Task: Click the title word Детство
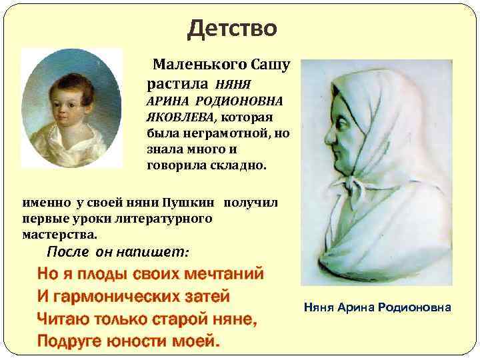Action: (232, 29)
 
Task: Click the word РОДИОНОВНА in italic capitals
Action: (239, 101)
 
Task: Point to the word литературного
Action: (170, 218)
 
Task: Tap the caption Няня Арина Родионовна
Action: (377, 307)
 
